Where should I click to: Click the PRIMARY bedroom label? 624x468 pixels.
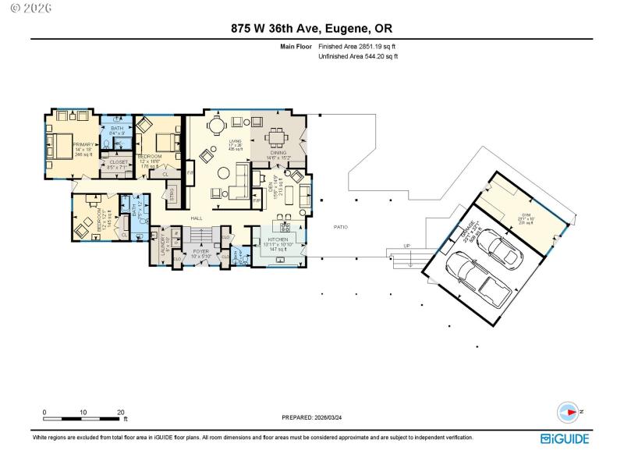[83, 144]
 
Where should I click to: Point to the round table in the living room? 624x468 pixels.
[223, 173]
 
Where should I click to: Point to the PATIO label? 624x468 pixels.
[341, 227]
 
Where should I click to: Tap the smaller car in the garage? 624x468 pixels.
[500, 248]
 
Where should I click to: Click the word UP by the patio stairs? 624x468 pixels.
[406, 246]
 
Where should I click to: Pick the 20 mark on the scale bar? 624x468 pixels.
[120, 411]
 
